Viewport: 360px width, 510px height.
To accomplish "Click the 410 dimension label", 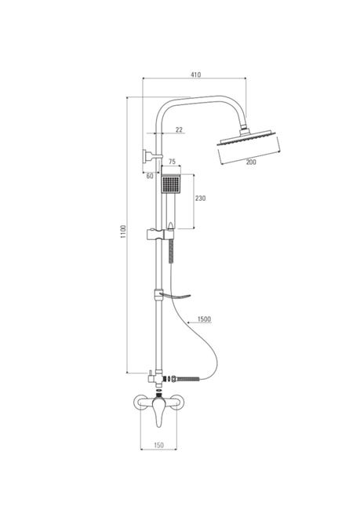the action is point(195,75).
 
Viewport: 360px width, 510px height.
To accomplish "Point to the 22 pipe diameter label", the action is point(179,129).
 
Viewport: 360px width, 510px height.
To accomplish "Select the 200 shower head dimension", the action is point(251,162).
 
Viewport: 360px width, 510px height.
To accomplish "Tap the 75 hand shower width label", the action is point(172,162).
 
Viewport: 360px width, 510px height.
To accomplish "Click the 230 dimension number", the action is point(200,198).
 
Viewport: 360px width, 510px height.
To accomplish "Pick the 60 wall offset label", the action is point(150,176).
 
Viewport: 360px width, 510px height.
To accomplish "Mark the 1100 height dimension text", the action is point(123,231).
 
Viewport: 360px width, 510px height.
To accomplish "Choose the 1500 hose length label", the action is point(204,319).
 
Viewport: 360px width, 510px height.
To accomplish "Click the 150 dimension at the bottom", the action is point(158,445).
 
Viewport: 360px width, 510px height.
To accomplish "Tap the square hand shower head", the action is point(171,184).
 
